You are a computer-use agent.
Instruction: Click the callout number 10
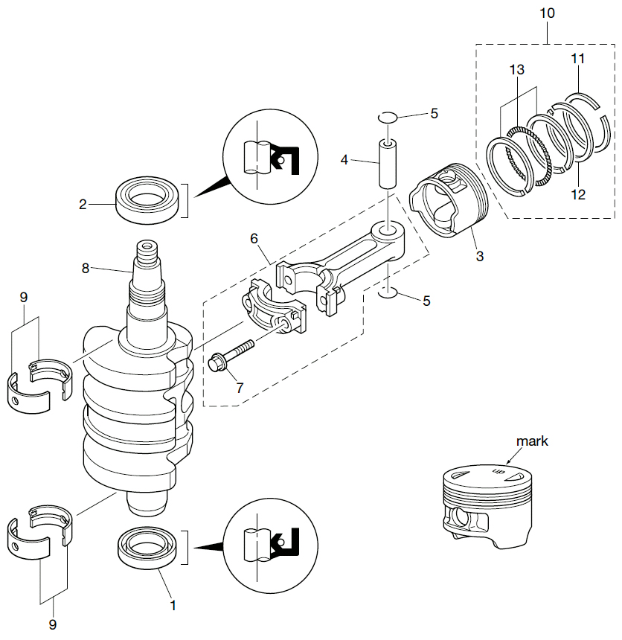[546, 13]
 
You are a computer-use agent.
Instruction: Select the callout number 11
[578, 58]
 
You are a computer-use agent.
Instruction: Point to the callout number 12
[579, 195]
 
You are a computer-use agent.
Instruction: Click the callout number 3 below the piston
[480, 256]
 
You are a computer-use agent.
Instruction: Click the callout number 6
[254, 239]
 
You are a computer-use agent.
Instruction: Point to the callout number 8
[86, 267]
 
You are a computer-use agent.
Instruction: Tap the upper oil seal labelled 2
[148, 199]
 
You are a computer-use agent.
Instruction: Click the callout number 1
[173, 607]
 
